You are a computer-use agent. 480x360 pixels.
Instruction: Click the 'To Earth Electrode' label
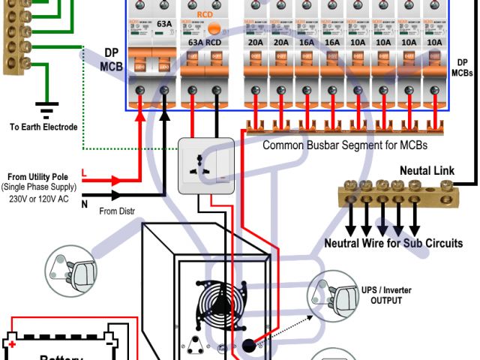[x=43, y=127]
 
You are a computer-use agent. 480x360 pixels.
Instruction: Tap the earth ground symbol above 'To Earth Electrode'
[x=46, y=109]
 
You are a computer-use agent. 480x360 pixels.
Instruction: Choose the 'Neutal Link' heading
[x=427, y=171]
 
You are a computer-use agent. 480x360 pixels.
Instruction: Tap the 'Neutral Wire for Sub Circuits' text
[x=393, y=243]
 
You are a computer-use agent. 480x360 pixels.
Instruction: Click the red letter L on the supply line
[x=84, y=175]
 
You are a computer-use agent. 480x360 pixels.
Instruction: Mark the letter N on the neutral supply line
[x=84, y=202]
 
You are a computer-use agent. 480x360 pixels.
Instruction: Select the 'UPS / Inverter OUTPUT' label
[x=386, y=295]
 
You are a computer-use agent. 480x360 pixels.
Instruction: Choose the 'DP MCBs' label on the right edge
[x=462, y=68]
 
